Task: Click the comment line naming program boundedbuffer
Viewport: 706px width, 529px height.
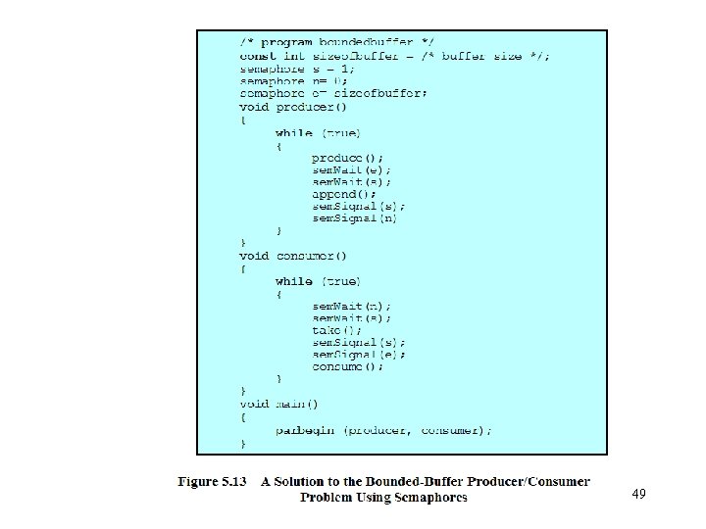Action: click(337, 43)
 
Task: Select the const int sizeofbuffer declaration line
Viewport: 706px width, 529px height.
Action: click(395, 56)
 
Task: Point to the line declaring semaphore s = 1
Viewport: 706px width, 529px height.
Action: click(298, 69)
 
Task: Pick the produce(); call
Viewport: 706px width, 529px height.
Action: click(348, 157)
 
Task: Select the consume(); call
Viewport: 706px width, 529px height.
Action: click(348, 367)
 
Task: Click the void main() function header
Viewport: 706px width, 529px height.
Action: click(279, 404)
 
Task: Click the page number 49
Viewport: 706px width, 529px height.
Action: click(638, 495)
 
